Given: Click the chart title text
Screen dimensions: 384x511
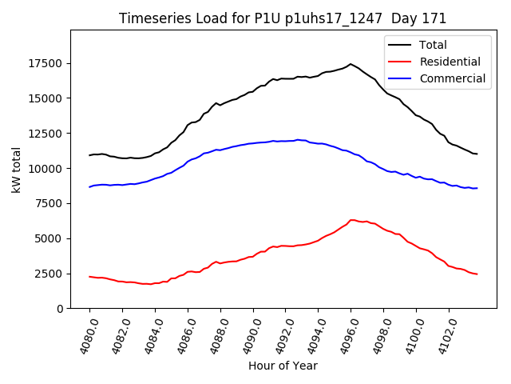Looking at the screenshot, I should [x=283, y=18].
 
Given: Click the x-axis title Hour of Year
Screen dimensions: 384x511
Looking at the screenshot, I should [x=283, y=366].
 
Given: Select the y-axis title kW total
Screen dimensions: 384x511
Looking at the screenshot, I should [x=16, y=170].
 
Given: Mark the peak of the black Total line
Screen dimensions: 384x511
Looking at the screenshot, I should [x=351, y=64].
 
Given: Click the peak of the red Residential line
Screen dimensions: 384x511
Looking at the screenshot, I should [x=352, y=219].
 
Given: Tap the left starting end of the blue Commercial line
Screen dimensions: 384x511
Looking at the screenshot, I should [x=89, y=187].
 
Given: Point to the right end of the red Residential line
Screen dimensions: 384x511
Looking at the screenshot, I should [x=477, y=274].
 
